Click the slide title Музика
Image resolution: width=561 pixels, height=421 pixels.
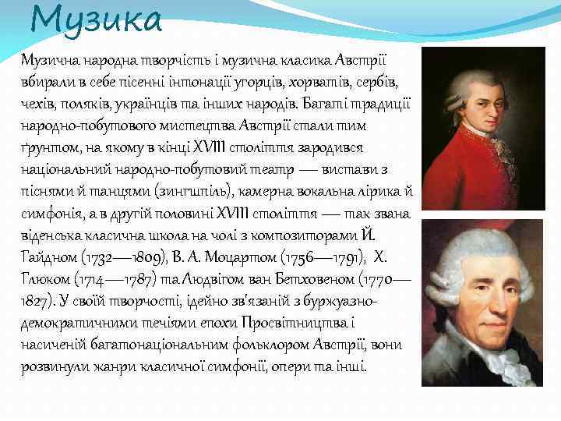(97, 20)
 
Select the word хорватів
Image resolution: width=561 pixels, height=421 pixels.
(329, 82)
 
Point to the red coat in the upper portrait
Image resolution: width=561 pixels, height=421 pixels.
(467, 175)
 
